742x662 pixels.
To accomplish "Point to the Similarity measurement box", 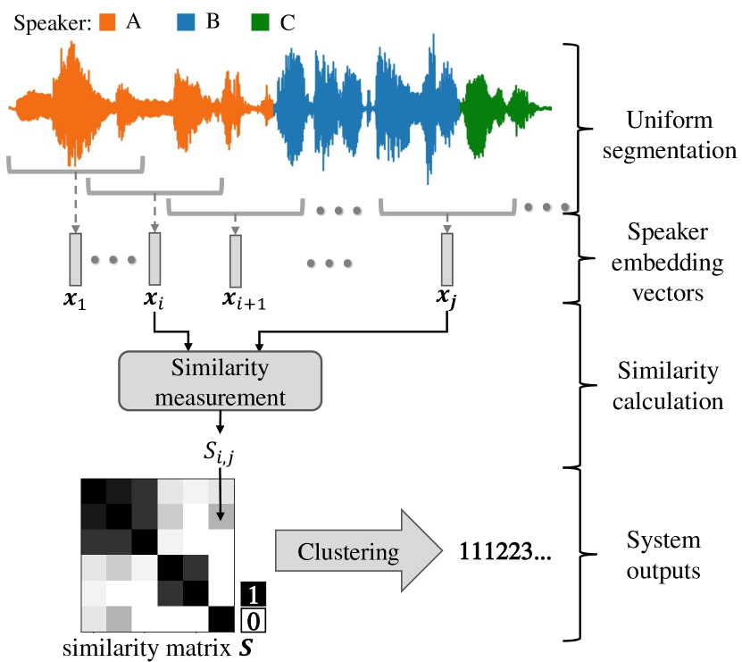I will point(219,379).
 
